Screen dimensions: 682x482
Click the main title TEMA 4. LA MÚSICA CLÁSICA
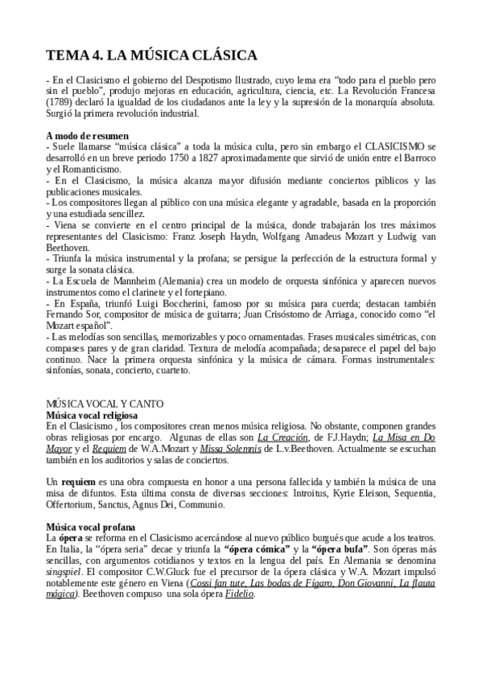point(151,55)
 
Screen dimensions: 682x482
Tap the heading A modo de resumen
point(87,136)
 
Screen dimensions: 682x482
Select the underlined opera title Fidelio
point(239,594)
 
